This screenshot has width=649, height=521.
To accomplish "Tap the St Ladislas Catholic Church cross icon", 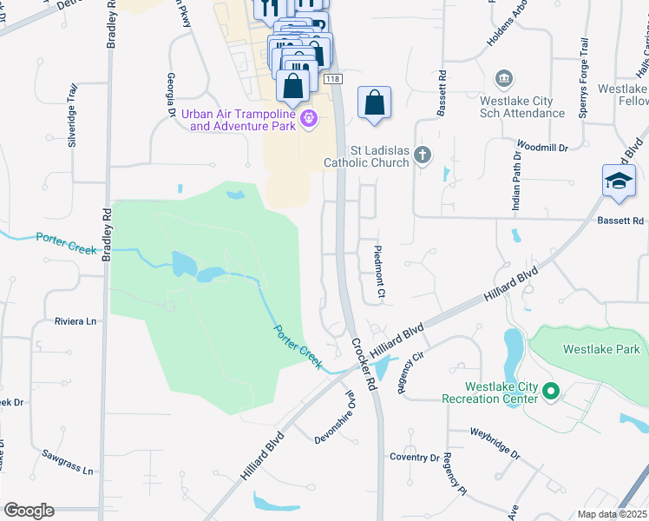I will [x=423, y=155].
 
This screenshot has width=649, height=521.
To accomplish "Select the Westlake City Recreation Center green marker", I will [x=550, y=392].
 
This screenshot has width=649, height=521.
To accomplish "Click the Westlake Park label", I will [x=600, y=349].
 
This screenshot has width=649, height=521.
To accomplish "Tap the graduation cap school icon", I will [x=619, y=182].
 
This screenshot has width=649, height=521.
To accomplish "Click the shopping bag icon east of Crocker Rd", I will [x=373, y=102].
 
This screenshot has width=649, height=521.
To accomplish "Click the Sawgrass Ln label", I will [x=67, y=462].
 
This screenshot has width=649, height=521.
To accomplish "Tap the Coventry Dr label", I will [x=415, y=458].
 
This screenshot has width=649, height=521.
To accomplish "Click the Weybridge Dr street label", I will [x=495, y=443].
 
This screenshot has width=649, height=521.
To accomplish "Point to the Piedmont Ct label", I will [x=378, y=273].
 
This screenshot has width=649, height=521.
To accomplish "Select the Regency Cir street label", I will [x=410, y=372].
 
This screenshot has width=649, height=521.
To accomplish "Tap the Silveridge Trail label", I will [x=73, y=115].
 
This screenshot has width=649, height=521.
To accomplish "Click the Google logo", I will [x=29, y=511].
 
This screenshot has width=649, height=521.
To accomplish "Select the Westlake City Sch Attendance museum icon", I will [x=502, y=81].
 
